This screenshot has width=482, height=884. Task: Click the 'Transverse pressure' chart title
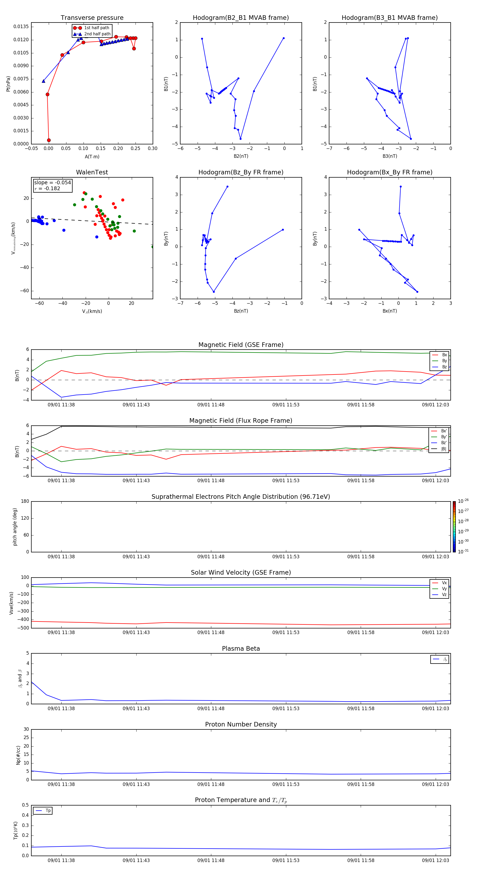pyautogui.click(x=92, y=18)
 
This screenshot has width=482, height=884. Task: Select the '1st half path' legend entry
pyautogui.click(x=96, y=28)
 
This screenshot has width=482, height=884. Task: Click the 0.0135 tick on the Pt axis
pyautogui.click(x=21, y=27)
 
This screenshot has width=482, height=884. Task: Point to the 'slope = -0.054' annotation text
pyautogui.click(x=52, y=183)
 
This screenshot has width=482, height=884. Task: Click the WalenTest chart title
pyautogui.click(x=92, y=172)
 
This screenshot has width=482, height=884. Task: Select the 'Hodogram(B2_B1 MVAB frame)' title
pyautogui.click(x=240, y=18)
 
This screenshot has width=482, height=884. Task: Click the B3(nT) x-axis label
pyautogui.click(x=390, y=156)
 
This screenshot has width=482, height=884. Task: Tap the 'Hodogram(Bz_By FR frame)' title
pyautogui.click(x=240, y=172)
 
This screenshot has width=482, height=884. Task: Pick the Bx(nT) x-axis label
pyautogui.click(x=390, y=311)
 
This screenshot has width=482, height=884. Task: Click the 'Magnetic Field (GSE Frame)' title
pyautogui.click(x=240, y=345)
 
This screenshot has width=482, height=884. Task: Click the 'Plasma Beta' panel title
pyautogui.click(x=240, y=649)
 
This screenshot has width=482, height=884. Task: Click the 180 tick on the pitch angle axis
pyautogui.click(x=25, y=501)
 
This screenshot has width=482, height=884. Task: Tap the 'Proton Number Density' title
pyautogui.click(x=240, y=724)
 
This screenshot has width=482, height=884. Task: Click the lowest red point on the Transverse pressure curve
pyautogui.click(x=49, y=140)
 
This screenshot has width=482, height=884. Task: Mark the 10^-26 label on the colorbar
pyautogui.click(x=463, y=501)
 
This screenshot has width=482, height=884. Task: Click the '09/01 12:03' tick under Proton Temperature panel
pyautogui.click(x=435, y=860)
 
